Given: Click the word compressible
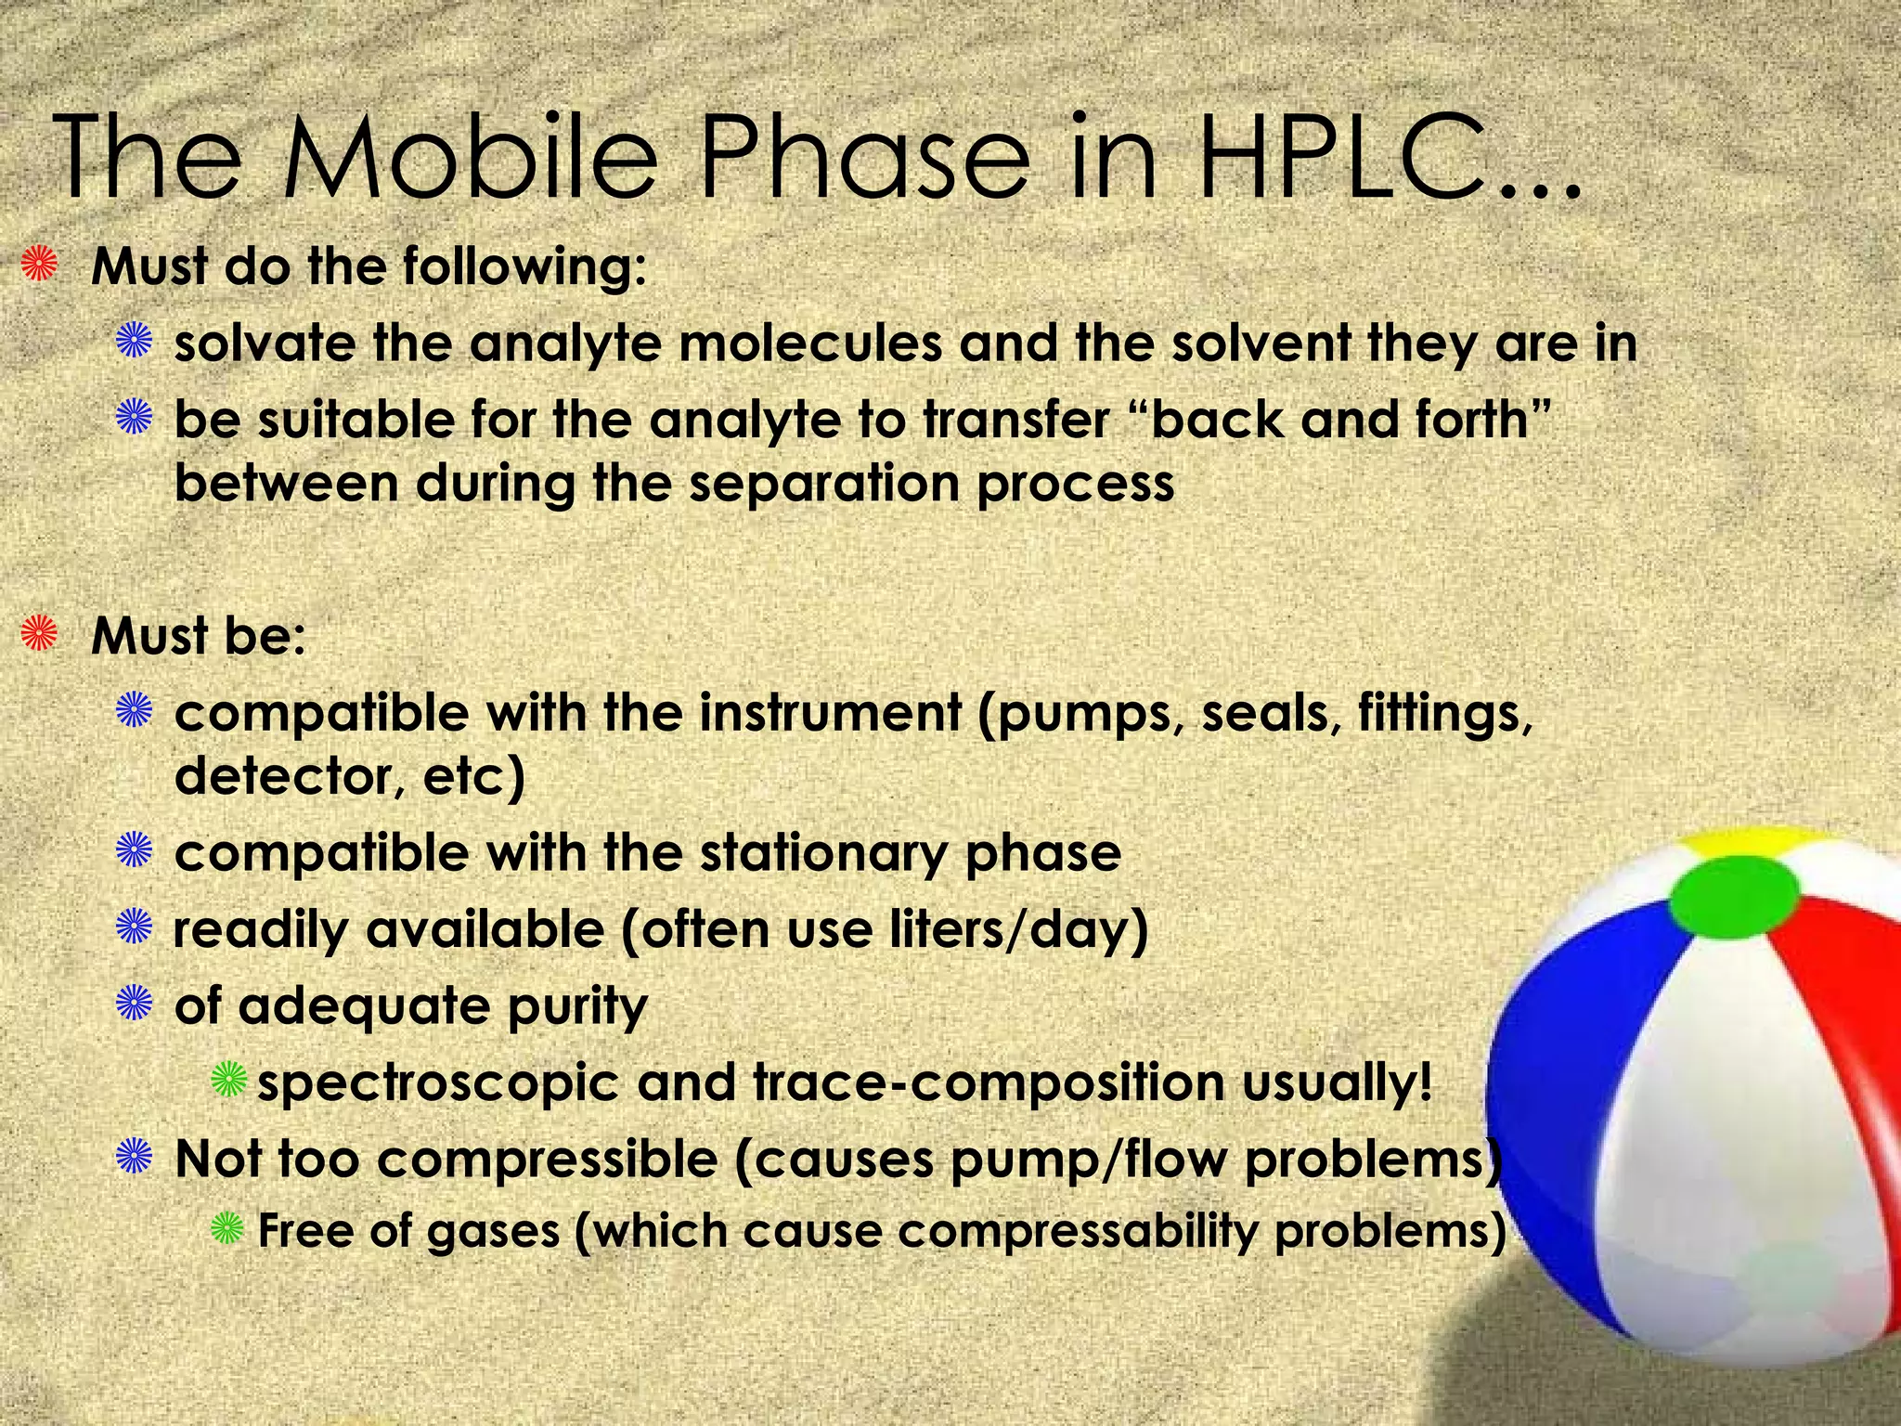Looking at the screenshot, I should [x=547, y=1160].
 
